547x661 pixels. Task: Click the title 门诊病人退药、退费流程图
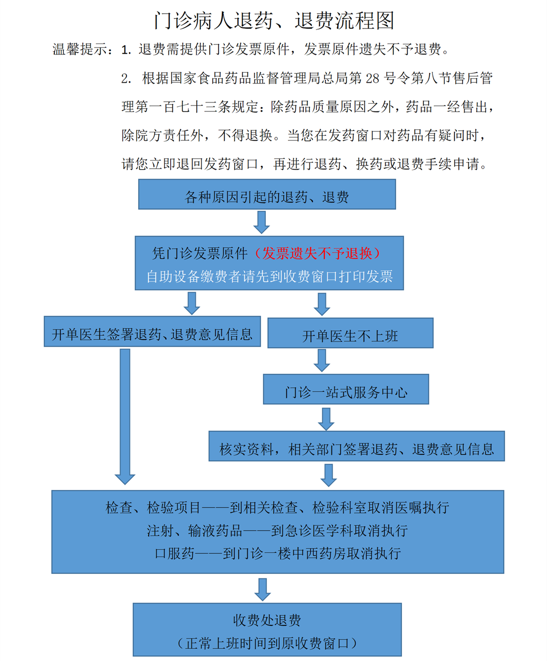pos(274,21)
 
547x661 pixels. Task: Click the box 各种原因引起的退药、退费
pos(267,194)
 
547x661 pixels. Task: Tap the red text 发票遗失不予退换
pos(317,253)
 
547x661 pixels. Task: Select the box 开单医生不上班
pos(350,333)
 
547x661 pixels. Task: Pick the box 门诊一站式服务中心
pos(346,389)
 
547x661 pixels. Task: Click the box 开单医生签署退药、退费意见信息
pos(152,331)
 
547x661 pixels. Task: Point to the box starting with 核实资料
pos(357,446)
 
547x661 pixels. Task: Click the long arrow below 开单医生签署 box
pos(125,417)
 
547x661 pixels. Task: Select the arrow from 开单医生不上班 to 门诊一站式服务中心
pos(322,361)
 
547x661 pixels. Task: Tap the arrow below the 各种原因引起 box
pos(262,222)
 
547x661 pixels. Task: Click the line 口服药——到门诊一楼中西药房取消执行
pos(278,553)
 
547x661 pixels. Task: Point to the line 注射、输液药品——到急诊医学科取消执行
pos(277,531)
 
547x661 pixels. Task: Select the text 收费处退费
pos(267,620)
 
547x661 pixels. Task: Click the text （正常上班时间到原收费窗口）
pos(267,643)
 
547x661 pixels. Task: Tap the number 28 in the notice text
pos(372,78)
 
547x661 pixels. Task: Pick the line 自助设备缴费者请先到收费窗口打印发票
pos(270,276)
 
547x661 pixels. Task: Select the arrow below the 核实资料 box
pos(329,475)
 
